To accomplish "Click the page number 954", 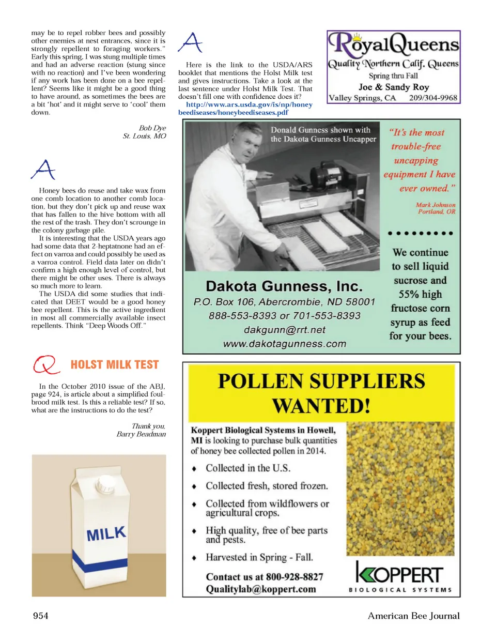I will coord(40,615).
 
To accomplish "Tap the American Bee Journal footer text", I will coord(413,615).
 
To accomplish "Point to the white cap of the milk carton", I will coord(106,484).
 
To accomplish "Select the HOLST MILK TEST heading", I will coord(115,365).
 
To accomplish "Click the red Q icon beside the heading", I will coord(45,364).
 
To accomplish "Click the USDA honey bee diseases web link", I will coord(245,108).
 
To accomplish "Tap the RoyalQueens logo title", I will coord(394,44).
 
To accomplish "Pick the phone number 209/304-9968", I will coord(433,98).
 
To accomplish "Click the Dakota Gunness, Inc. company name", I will coord(284,286).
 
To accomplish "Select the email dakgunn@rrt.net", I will coord(284,330).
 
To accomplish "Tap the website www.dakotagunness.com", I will coord(284,344).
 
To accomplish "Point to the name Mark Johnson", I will coord(436,205).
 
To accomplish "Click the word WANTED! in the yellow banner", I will coord(321,406).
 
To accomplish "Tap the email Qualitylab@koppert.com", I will coord(260,589).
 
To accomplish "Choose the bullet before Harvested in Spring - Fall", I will coord(194,558).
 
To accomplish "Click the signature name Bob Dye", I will coord(152,128).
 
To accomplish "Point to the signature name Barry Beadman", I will coord(141,434).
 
